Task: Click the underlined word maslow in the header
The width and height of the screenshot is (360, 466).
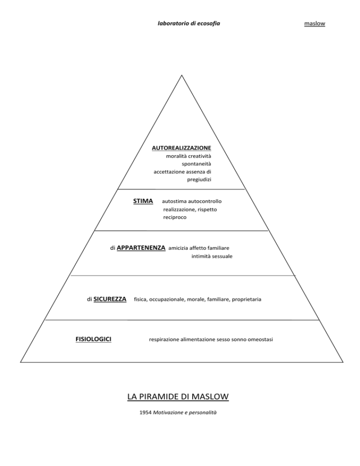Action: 315,23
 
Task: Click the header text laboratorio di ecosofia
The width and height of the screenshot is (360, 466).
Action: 189,23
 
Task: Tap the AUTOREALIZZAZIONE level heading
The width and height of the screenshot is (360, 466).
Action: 181,148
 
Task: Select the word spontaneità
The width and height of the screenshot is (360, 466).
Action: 196,164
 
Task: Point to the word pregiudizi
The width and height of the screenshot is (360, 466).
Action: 199,180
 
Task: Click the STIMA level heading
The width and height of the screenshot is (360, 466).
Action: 143,201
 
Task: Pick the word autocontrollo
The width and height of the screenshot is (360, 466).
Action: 205,202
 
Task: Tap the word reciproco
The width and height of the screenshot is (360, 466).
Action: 175,218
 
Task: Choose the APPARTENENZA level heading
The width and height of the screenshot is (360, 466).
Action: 141,248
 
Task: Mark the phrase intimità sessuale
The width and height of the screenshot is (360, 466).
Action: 212,256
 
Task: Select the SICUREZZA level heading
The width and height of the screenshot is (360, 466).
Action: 110,299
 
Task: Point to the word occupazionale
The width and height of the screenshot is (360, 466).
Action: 167,300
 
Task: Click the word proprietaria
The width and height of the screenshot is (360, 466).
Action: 247,299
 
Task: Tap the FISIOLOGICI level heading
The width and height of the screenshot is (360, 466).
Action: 93,339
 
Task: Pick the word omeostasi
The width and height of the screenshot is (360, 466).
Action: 261,339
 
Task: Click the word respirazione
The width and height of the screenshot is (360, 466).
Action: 164,339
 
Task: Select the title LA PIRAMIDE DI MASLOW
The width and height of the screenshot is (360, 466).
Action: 178,397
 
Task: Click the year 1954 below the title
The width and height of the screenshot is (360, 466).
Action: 146,413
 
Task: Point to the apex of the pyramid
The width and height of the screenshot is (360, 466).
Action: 181,75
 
